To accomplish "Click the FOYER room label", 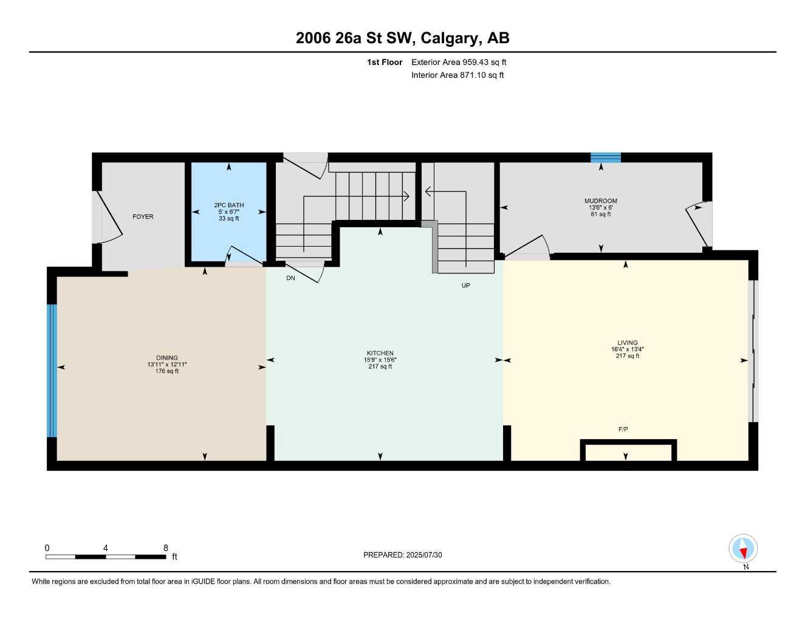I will click(x=143, y=217).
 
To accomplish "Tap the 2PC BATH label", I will click(x=228, y=205).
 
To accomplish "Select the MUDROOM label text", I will click(x=600, y=201).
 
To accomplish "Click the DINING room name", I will click(x=167, y=358).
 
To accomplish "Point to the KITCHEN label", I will click(x=380, y=354).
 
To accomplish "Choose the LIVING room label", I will click(x=628, y=343).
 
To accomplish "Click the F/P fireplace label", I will click(x=623, y=429).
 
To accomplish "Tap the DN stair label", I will click(x=290, y=278).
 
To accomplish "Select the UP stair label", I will click(x=465, y=285).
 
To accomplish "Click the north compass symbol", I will click(x=743, y=549).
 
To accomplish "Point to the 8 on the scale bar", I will click(x=165, y=548).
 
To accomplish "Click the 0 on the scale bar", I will click(x=47, y=548).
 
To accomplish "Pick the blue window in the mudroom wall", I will click(x=606, y=158).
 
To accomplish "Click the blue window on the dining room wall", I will click(x=52, y=371).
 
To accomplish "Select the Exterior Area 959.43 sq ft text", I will click(x=459, y=62).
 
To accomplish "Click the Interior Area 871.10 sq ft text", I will click(x=457, y=75).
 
